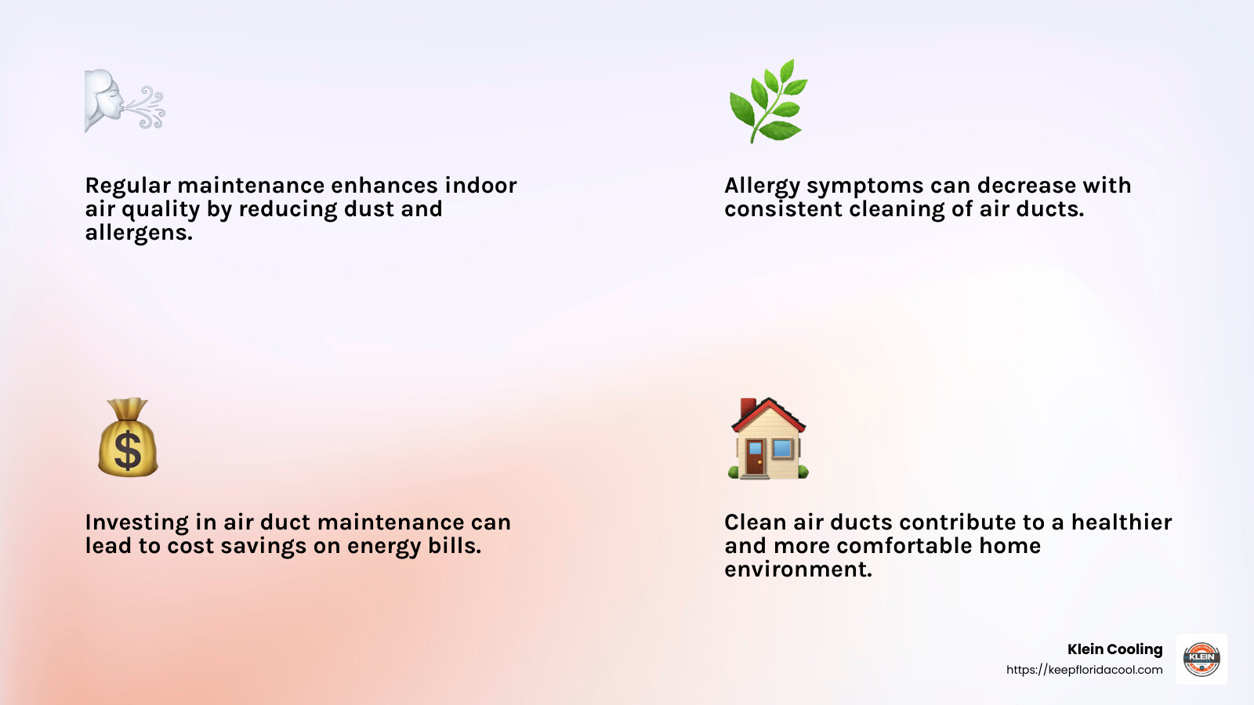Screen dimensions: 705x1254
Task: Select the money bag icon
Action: coord(128,438)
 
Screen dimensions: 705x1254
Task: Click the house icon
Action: coord(768,439)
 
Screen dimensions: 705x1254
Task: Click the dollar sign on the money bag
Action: coord(128,451)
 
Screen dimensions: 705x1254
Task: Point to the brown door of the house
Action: coord(754,457)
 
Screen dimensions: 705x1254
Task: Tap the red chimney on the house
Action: coord(747,408)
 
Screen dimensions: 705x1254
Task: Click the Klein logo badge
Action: coord(1201,659)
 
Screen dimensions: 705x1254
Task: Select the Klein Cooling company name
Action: coord(1114,649)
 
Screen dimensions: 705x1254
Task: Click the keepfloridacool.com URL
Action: coord(1084,670)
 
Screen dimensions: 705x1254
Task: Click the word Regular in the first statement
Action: coord(128,186)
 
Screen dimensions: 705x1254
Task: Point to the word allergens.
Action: coord(139,233)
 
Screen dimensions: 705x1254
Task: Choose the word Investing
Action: coord(136,522)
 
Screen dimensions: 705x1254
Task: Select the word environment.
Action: coord(797,569)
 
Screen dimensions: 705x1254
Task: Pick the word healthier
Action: coord(1121,522)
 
